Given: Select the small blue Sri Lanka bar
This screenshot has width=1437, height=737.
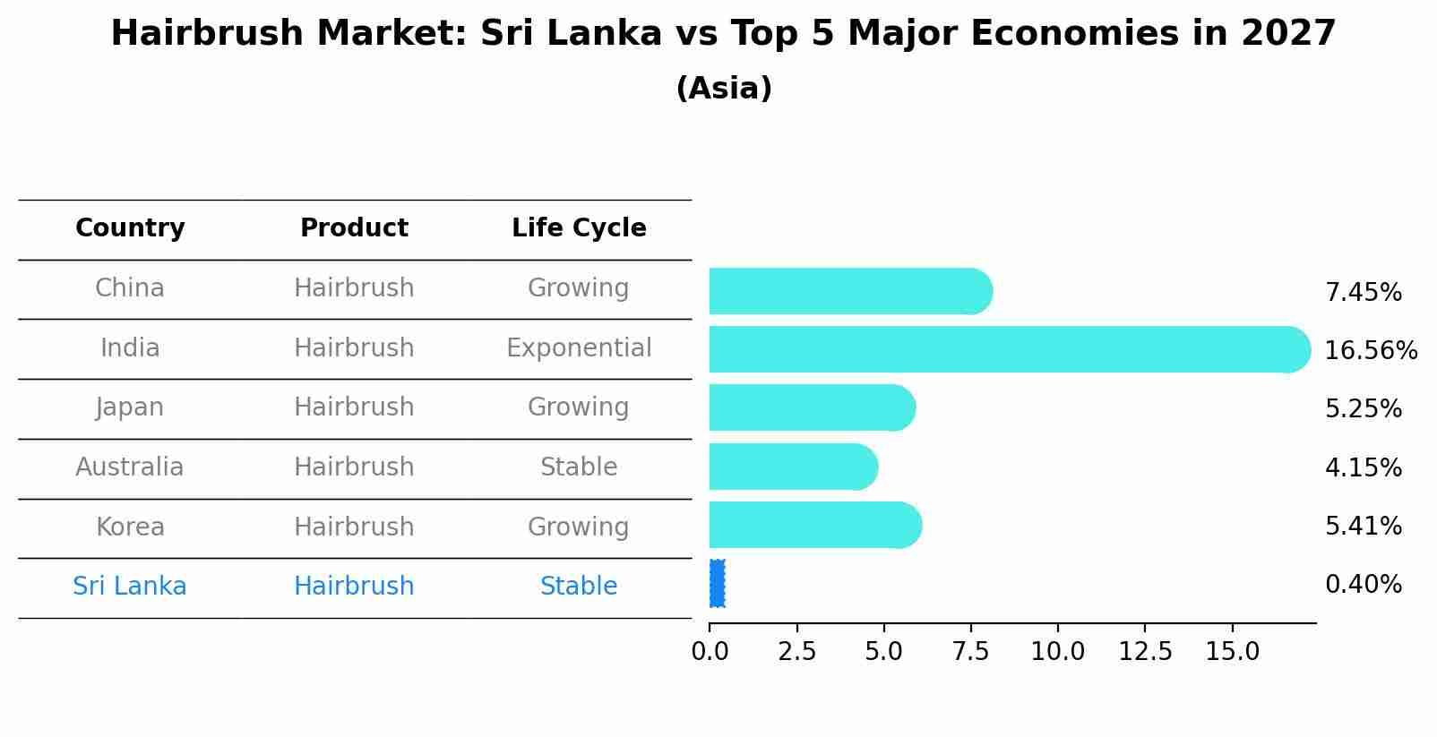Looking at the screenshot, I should click(717, 584).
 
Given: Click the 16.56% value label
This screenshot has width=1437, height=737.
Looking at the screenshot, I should click(1370, 350).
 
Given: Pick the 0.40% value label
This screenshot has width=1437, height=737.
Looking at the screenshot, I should click(1363, 585).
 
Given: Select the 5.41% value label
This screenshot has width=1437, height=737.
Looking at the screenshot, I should click(1363, 526).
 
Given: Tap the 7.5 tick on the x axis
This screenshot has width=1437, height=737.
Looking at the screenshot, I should click(970, 651).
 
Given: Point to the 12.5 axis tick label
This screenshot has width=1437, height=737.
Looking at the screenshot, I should click(1145, 651).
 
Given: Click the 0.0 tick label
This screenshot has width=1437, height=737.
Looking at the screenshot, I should click(710, 651).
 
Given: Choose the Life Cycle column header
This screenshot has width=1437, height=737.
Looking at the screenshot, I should click(579, 228).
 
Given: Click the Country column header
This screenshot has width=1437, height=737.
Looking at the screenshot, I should click(130, 228).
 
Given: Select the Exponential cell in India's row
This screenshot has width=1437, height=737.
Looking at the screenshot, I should click(579, 347).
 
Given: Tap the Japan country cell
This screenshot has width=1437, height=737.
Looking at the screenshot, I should click(130, 407).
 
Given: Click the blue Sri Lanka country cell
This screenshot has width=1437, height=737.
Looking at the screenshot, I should click(130, 587).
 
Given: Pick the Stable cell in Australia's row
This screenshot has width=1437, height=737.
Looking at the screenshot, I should click(579, 467).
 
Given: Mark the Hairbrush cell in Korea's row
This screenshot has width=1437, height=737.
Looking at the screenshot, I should click(354, 527).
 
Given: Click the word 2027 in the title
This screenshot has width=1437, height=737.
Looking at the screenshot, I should click(1288, 34).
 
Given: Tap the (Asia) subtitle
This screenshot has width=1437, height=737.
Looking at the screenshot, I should click(724, 89).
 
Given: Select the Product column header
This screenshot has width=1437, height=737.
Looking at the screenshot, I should click(354, 228).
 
